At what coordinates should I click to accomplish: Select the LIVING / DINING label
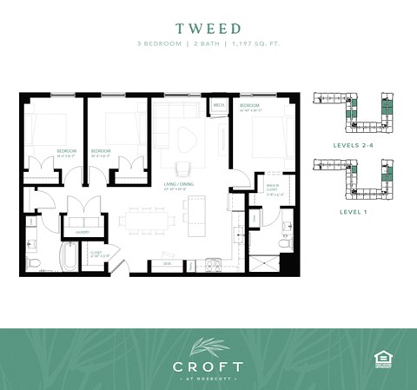177,184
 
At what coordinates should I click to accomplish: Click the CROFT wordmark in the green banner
208,366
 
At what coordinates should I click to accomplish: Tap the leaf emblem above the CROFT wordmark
208,345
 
